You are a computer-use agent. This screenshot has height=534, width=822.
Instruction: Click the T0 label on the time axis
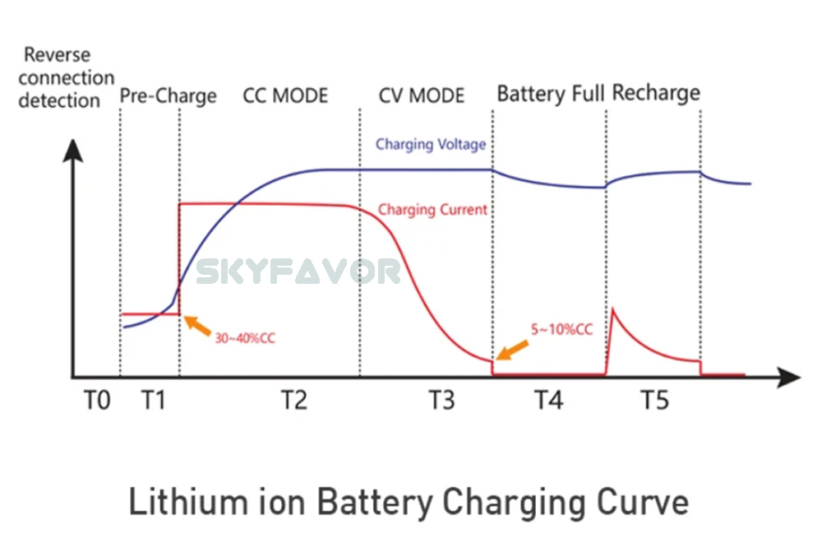coord(96,402)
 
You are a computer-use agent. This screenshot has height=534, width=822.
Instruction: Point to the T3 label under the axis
coord(441,402)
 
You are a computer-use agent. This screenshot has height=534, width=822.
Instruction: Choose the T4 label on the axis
coord(548,402)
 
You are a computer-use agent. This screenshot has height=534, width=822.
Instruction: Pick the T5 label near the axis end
coord(654,402)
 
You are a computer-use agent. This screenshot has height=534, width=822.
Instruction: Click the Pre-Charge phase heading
coord(169,96)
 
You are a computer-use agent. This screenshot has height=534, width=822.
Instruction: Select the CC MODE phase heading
coord(285,95)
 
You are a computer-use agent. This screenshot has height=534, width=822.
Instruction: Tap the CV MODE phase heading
coord(422,95)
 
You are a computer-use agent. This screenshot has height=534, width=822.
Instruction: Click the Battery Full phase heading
coord(550,94)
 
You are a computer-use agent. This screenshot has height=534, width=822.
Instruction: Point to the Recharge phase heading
coord(656,92)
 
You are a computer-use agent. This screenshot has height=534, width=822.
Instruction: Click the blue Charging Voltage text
coord(431,144)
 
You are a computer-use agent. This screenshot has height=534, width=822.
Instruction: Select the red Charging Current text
coord(432,210)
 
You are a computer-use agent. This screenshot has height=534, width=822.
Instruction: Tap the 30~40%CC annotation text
coord(245,338)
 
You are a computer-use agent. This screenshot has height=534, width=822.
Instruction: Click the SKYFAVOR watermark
coord(299,271)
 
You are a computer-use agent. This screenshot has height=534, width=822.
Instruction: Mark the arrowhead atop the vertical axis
coord(74,151)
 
